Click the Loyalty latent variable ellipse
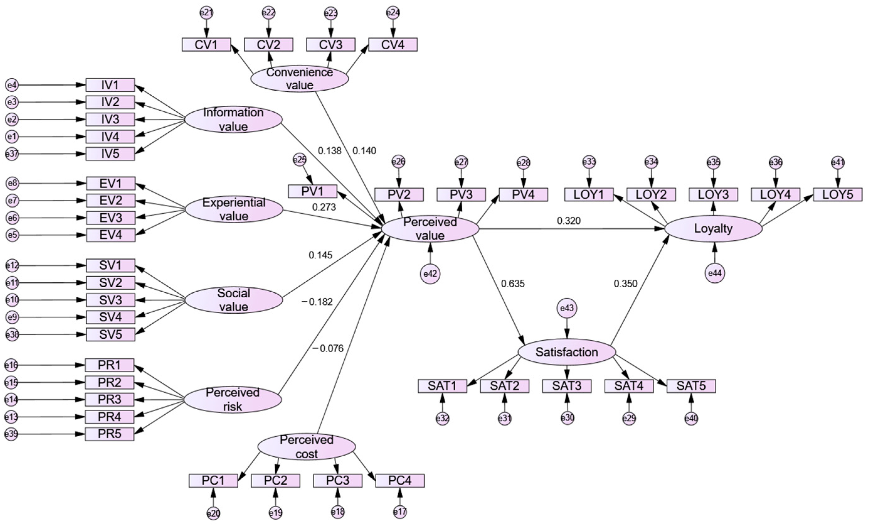(x=713, y=229)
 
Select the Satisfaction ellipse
(x=567, y=352)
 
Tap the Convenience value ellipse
(x=299, y=79)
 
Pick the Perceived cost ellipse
(x=306, y=447)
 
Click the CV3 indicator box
(x=331, y=45)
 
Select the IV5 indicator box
(x=110, y=154)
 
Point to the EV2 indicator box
(x=111, y=200)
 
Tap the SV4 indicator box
(x=110, y=317)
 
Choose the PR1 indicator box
(x=109, y=365)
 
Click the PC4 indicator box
(x=400, y=481)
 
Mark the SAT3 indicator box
(x=566, y=386)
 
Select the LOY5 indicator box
(x=838, y=195)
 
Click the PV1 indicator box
(x=312, y=191)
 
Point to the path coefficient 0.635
(x=513, y=283)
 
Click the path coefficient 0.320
(x=569, y=221)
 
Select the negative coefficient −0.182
(x=317, y=302)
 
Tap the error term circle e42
(x=430, y=274)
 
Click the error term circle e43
(x=567, y=308)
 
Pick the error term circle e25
(x=300, y=160)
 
